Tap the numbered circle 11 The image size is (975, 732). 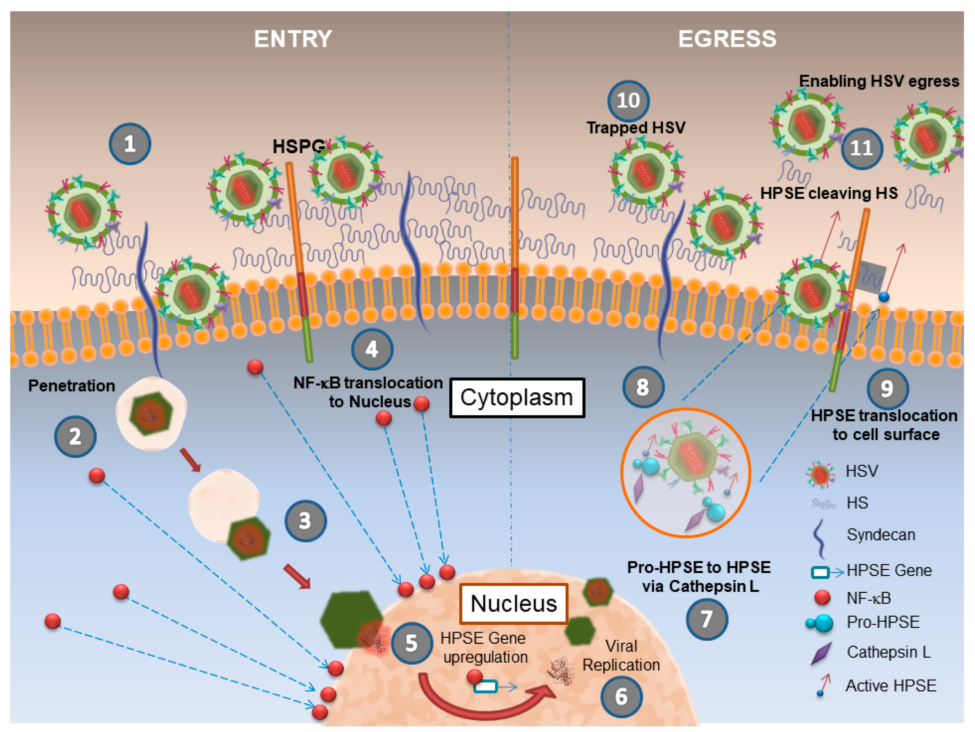click(861, 148)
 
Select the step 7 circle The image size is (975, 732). click(707, 619)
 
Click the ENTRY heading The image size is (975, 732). click(293, 39)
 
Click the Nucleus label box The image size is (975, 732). click(513, 603)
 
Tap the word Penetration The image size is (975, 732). click(71, 386)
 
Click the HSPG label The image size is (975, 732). click(298, 147)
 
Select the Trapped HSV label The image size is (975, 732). click(636, 128)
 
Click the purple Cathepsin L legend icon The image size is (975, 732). click(821, 653)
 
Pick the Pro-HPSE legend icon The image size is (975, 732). click(820, 623)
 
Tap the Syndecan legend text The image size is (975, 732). click(880, 535)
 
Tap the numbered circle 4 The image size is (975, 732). click(371, 349)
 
